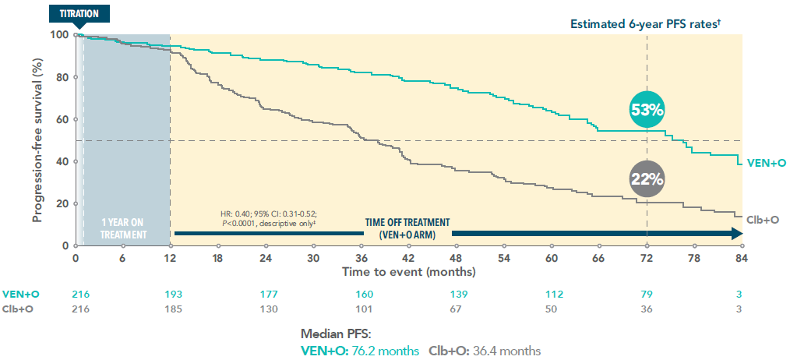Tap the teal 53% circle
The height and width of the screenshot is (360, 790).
coord(647,110)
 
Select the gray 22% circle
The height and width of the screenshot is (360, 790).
coord(647,178)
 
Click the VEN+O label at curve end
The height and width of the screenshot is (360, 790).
coord(764,162)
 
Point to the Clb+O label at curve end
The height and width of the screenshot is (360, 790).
coord(763,220)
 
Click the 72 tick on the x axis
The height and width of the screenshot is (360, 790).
coord(647,259)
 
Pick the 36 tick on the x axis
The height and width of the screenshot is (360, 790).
coord(361,259)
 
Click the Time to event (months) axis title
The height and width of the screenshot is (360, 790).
coord(409,272)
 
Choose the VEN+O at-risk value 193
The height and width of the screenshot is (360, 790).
coord(171,294)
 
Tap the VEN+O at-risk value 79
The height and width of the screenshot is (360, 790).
coord(647,294)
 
